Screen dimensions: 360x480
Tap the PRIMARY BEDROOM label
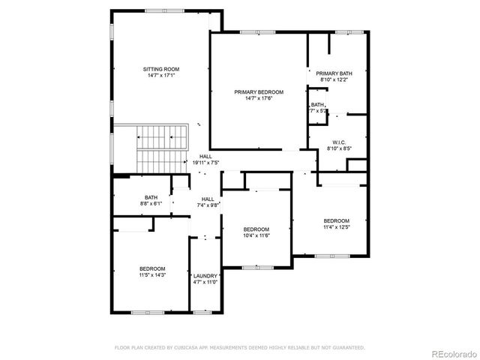tap(259, 91)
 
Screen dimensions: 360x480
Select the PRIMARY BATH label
tap(335, 73)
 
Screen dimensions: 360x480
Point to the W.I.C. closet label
tap(339, 142)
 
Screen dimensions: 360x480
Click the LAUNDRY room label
tap(205, 275)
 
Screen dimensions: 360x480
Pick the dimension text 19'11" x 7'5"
tap(205, 162)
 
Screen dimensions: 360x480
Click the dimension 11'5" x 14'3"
tap(152, 275)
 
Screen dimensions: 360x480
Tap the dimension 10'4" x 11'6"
tap(256, 235)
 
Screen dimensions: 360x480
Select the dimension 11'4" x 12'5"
tap(337, 227)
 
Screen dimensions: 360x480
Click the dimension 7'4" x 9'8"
tap(207, 205)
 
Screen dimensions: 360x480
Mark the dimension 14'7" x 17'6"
tap(259, 98)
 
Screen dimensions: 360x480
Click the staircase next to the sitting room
tap(162, 147)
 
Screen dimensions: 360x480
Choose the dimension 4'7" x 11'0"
tap(205, 282)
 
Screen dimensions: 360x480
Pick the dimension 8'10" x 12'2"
tap(335, 79)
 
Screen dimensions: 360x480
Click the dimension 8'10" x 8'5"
tap(339, 148)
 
